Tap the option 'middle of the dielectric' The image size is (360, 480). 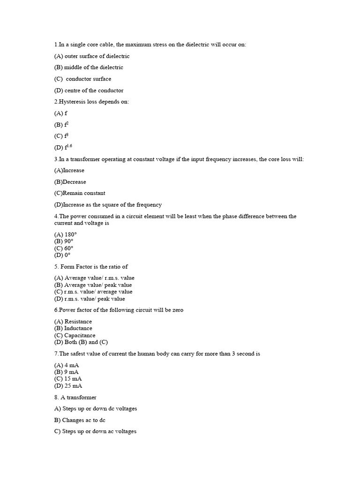89,67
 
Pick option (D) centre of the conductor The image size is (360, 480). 89,90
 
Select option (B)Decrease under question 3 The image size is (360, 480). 70,182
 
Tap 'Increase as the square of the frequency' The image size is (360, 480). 108,204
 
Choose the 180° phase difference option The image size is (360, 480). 65,234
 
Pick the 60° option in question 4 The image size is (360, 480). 64,248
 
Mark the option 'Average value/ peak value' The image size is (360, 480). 93,285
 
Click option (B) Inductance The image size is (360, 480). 73,328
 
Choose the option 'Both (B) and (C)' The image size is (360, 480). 75,342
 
